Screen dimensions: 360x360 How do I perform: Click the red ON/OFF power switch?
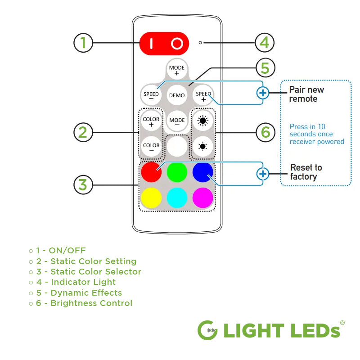[164, 43]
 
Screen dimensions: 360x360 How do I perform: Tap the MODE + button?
[177, 70]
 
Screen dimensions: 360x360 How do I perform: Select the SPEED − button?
[151, 95]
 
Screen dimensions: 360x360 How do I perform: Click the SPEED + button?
[203, 95]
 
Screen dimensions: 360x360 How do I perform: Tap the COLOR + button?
[151, 121]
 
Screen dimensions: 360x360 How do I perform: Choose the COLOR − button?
[151, 147]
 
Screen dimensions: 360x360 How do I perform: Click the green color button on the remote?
[177, 172]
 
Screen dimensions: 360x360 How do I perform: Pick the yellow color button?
[151, 198]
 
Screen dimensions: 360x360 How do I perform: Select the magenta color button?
[202, 198]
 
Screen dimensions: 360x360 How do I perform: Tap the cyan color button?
[177, 198]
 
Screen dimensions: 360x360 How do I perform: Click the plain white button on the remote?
[177, 147]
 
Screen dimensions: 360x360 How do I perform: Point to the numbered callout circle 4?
[265, 43]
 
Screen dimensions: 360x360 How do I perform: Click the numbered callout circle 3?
[83, 184]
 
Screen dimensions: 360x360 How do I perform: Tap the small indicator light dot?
[200, 43]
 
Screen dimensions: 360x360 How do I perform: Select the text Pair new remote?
[306, 94]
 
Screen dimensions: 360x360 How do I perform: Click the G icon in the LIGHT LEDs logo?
[208, 330]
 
